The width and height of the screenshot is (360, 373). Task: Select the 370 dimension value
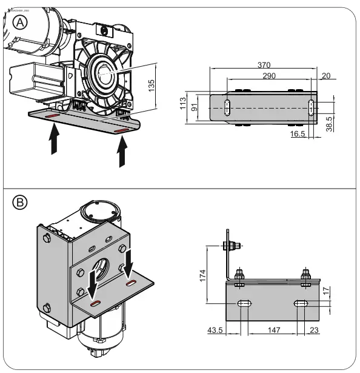(x=264, y=65)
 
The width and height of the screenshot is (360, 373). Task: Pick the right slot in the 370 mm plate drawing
(x=310, y=107)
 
